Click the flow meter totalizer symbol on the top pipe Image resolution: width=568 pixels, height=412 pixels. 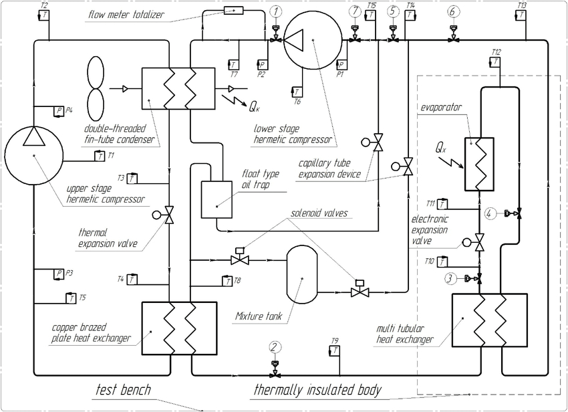tap(234, 10)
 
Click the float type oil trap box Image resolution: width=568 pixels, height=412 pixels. tap(216, 199)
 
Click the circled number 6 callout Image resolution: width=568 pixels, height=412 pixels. tap(454, 11)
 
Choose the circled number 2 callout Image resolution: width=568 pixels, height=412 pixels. tap(275, 346)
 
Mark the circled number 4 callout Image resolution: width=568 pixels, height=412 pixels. tap(491, 214)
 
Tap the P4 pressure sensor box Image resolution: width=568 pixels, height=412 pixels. tap(59, 110)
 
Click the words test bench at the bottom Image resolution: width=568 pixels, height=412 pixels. tap(123, 390)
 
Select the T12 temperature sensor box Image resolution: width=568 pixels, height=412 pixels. tap(495, 62)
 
